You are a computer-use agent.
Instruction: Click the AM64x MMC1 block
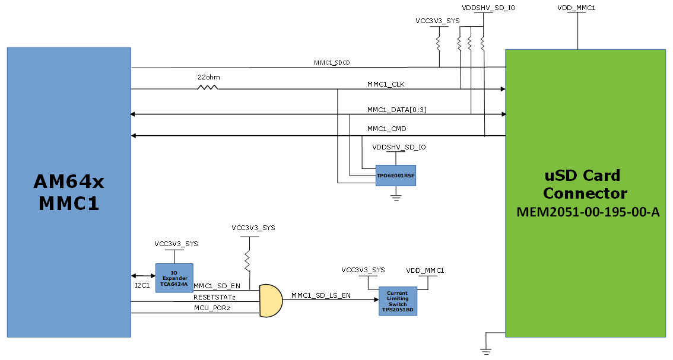(68, 192)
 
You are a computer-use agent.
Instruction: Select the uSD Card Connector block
(585, 193)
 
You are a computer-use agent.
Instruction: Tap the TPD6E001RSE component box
(396, 176)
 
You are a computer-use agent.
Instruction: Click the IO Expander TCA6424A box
(174, 278)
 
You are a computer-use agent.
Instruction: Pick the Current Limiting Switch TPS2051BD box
(398, 301)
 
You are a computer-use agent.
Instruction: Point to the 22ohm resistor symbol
(208, 88)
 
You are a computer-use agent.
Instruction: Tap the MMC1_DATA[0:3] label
(396, 109)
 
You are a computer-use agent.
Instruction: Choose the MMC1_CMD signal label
(386, 129)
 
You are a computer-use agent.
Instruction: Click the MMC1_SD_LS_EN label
(320, 295)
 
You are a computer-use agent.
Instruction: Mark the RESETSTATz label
(215, 297)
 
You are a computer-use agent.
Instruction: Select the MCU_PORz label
(212, 308)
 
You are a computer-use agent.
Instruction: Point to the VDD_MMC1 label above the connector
(576, 8)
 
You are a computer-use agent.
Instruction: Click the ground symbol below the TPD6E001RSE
(396, 195)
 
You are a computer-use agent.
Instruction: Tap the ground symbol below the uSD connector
(486, 351)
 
